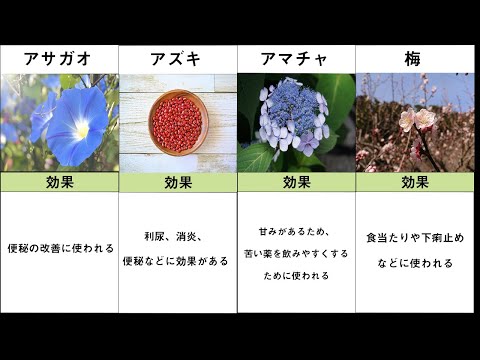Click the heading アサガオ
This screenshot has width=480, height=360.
tap(59, 59)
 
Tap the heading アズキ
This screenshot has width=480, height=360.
tap(177, 59)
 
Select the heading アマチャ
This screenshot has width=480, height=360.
tap(296, 59)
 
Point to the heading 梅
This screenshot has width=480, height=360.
tap(414, 59)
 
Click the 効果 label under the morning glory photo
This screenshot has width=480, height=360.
tap(59, 182)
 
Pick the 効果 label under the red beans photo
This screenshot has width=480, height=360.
tap(177, 182)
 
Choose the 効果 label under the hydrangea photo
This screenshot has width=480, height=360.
tap(296, 182)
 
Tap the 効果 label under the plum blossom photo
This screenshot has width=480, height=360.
tap(414, 182)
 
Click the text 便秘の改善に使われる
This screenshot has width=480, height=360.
tap(60, 248)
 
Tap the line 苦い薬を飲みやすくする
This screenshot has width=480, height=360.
tap(297, 253)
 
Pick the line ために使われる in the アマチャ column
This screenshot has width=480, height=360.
tap(297, 275)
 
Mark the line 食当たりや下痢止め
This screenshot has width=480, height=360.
tap(415, 237)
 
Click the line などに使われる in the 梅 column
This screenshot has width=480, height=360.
tap(415, 263)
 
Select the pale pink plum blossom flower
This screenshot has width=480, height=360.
tap(417, 120)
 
